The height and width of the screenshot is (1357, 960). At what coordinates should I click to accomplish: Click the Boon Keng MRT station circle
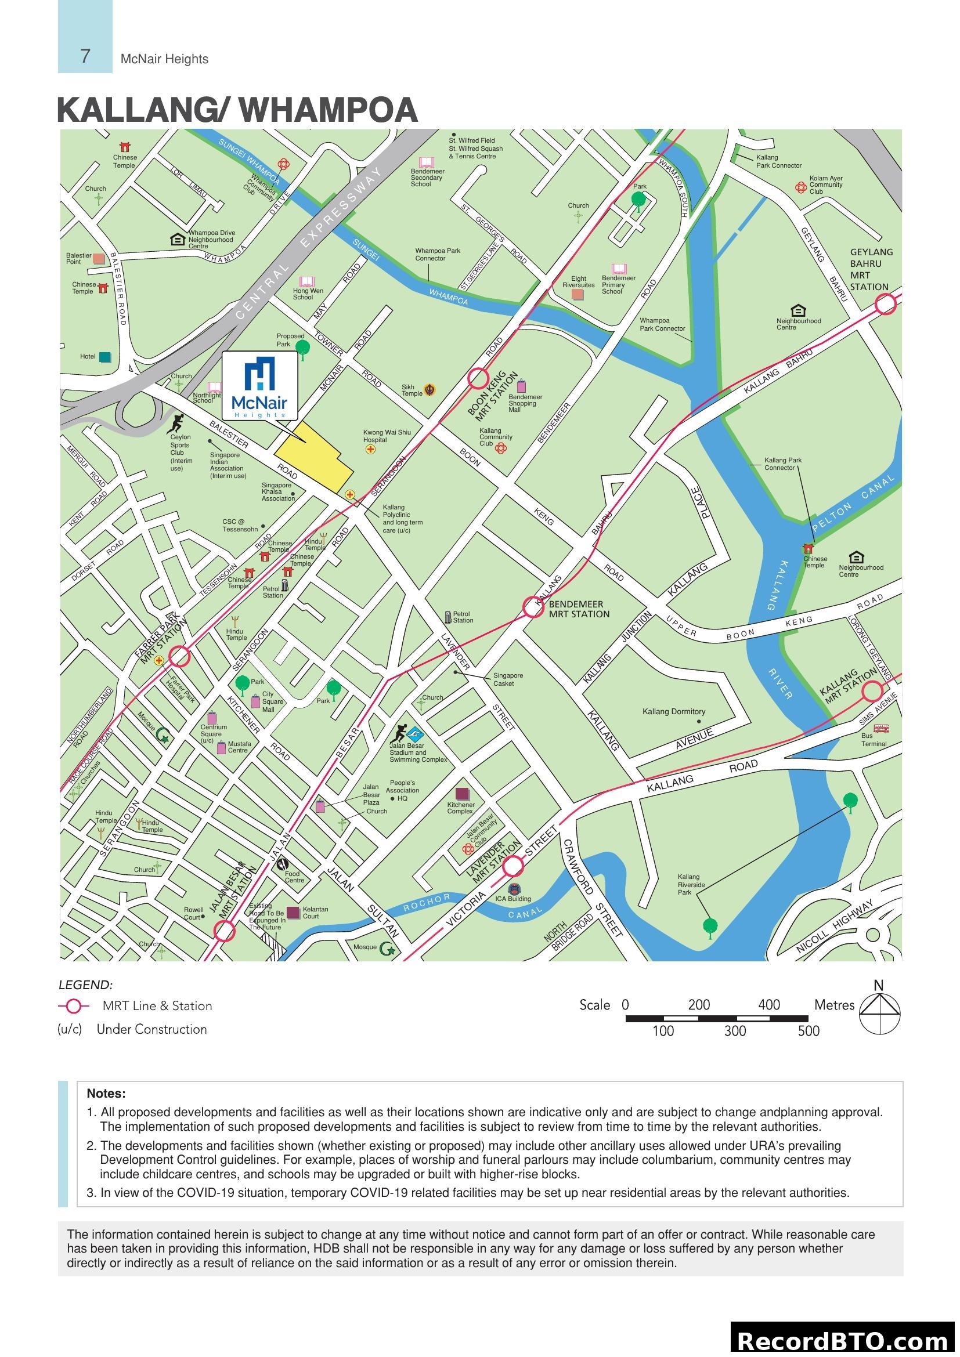click(x=478, y=378)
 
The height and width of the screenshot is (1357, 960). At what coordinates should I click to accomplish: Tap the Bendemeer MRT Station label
click(x=578, y=609)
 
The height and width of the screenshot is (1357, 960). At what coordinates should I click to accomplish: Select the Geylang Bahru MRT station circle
click(x=885, y=305)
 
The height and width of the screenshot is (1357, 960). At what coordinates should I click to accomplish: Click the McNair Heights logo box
click(x=259, y=385)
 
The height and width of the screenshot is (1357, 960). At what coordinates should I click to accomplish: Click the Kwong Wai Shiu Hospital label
click(x=387, y=436)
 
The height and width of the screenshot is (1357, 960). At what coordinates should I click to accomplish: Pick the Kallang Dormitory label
click(x=673, y=712)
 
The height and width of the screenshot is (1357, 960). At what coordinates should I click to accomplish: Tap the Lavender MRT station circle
click(x=513, y=866)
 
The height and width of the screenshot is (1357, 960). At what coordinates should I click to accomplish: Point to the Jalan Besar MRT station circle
click(x=224, y=932)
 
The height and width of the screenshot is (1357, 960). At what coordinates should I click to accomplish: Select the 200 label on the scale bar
click(x=699, y=1005)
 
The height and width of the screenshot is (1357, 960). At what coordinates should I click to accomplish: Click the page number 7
click(x=85, y=56)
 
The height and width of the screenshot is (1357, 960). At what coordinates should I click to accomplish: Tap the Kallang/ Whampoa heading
click(x=237, y=110)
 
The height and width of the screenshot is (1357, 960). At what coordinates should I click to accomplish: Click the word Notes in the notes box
click(x=106, y=1093)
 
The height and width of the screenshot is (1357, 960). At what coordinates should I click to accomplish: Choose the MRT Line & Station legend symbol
click(x=73, y=1005)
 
